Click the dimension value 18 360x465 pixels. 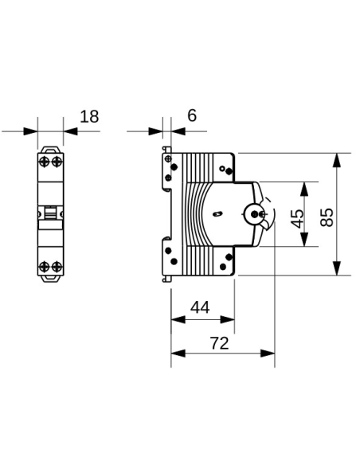(90, 116)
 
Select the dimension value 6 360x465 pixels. (191, 116)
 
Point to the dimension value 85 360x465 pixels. (327, 217)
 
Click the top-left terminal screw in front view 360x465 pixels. (44, 162)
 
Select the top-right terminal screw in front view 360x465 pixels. (56, 162)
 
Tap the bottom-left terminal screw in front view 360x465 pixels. (44, 266)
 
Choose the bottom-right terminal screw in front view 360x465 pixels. (56, 266)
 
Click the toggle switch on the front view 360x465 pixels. (49, 213)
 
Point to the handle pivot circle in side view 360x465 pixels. (256, 213)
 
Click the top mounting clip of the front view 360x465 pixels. (49, 148)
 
